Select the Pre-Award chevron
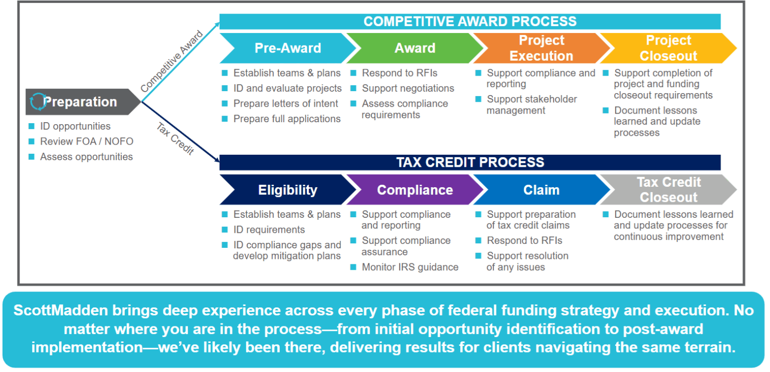pos(287,48)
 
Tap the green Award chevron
pos(415,48)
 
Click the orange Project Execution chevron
pos(541,48)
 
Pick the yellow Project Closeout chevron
pos(668,48)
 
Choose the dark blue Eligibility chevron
pos(287,190)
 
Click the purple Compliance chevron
pos(415,190)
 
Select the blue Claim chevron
pos(541,190)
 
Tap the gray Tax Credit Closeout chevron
pos(668,190)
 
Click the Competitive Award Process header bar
pos(470,22)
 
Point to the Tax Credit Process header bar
pos(470,163)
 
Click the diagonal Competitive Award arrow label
pos(172,62)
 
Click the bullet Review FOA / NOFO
pos(86,141)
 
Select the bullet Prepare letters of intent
pos(285,104)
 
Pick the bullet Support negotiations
pos(408,89)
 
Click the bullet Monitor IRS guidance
pos(410,267)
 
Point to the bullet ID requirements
pos(269,230)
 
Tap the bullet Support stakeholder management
pos(531,105)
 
